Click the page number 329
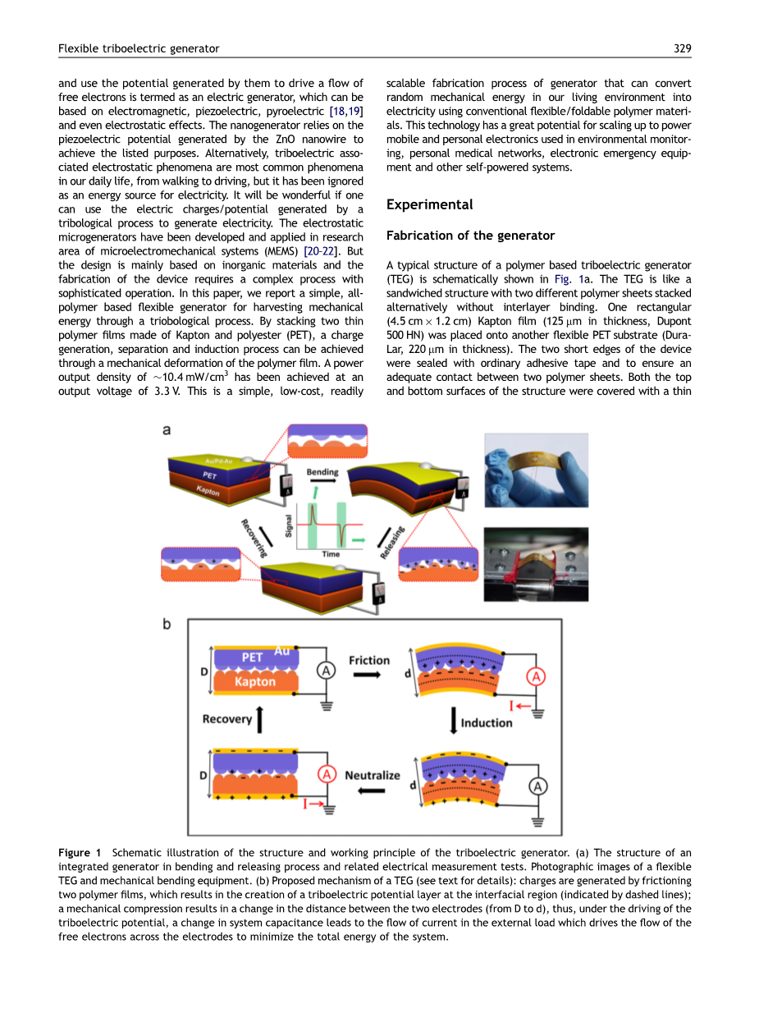coord(683,48)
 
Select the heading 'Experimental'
coord(429,204)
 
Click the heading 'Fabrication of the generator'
coord(470,236)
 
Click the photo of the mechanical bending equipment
coord(536,565)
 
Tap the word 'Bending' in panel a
coord(322,473)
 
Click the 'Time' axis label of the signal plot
coord(331,554)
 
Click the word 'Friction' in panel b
coord(369,660)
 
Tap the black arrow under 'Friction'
coord(367,676)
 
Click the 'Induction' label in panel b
coord(487,723)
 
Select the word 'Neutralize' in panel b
coord(373,775)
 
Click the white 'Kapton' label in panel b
coord(255,682)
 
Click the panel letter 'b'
coord(167,625)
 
